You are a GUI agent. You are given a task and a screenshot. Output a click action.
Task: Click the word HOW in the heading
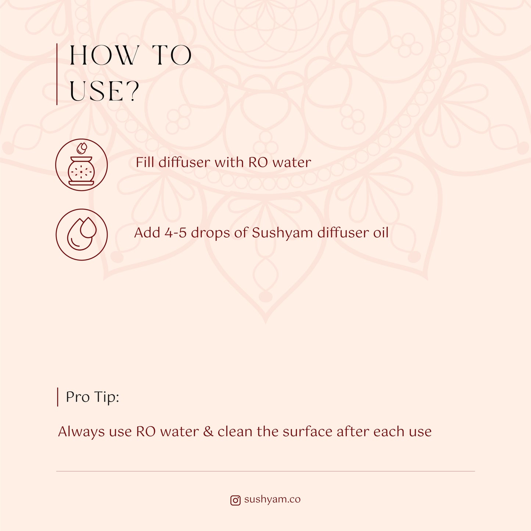pos(104,55)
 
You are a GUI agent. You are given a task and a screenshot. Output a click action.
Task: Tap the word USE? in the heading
pos(104,92)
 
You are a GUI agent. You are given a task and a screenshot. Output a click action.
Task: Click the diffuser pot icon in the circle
pos(81,165)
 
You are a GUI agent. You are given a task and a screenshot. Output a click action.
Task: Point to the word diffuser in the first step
pos(184,162)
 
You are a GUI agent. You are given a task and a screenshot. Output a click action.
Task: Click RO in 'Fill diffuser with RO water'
pos(258,162)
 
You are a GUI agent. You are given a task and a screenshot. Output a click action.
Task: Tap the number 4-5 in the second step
pos(176,233)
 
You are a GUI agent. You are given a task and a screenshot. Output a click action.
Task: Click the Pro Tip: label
pos(92,397)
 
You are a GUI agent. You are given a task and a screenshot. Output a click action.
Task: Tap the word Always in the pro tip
pos(81,432)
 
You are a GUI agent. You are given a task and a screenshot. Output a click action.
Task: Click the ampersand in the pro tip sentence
pos(208,431)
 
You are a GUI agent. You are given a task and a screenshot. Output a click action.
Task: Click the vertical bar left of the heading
pos(57,74)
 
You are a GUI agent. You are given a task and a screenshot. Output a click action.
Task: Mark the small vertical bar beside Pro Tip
pos(58,397)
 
